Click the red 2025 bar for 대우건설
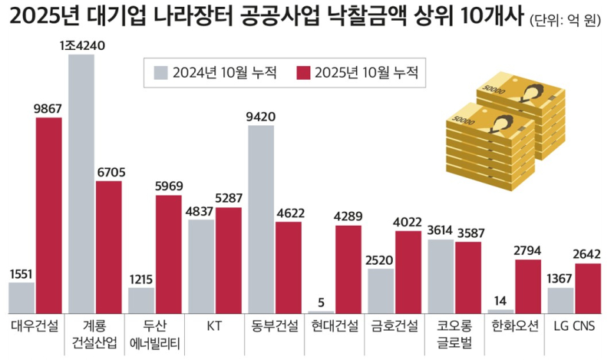[48, 215]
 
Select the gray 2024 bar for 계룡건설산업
[81, 184]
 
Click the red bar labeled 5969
[168, 253]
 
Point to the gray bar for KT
[201, 266]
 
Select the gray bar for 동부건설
[262, 219]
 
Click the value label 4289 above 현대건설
[348, 216]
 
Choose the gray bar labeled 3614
[441, 276]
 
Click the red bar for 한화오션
[527, 286]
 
